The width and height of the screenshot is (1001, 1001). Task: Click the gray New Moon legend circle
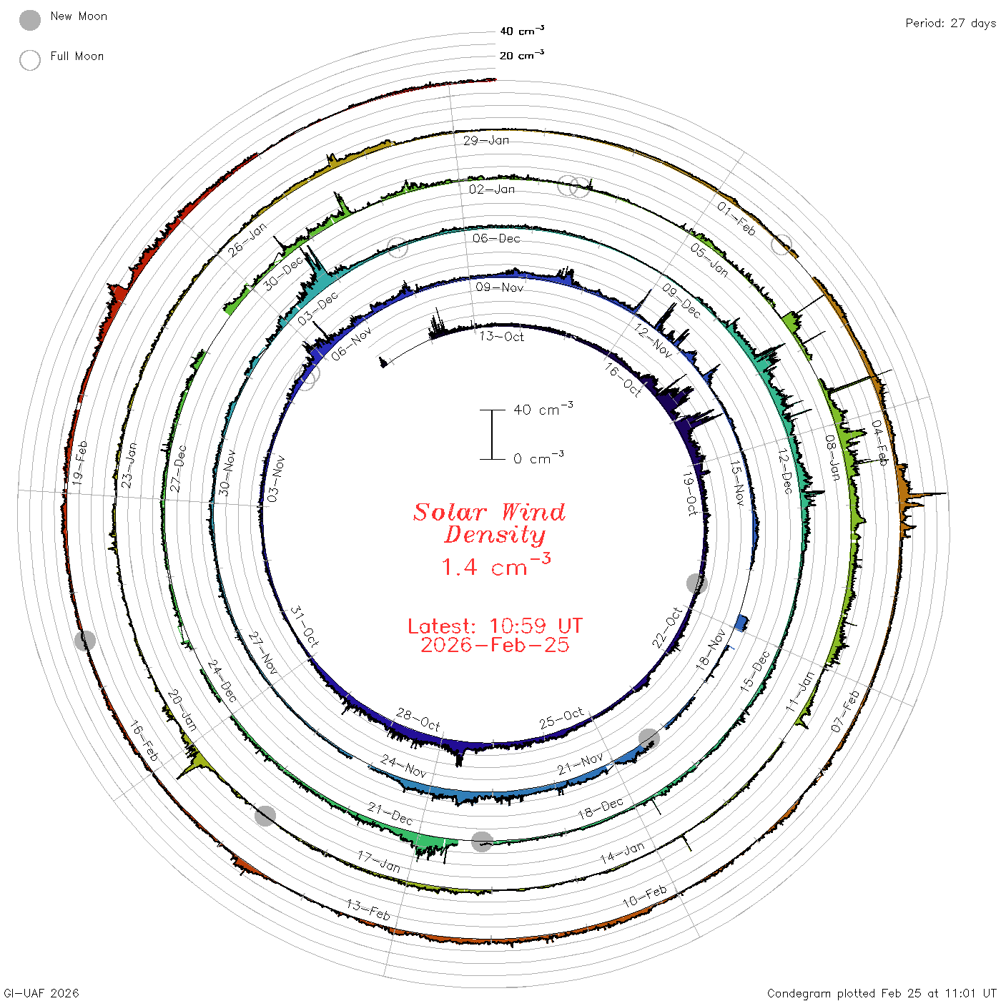click(29, 20)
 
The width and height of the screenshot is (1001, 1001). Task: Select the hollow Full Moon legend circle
click(29, 60)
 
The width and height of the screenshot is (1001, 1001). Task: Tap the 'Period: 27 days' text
click(950, 24)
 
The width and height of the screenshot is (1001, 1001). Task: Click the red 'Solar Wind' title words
click(489, 512)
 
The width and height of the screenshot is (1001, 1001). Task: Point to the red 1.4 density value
click(459, 567)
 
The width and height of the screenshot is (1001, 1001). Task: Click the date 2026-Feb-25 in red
click(495, 645)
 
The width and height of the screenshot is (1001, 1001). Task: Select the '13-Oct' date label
click(501, 337)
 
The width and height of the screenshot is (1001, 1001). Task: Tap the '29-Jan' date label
click(486, 140)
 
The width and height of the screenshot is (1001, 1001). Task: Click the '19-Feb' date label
click(79, 463)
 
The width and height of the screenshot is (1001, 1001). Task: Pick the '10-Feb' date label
click(645, 896)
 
